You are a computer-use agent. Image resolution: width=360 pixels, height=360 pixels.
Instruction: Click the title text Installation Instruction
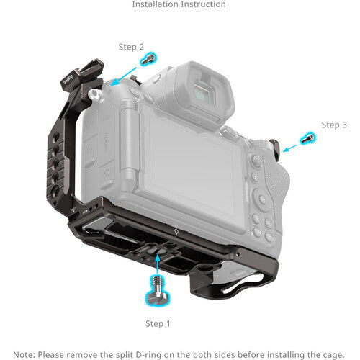click(x=179, y=5)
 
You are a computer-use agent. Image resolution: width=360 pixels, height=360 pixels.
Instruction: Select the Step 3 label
click(x=334, y=125)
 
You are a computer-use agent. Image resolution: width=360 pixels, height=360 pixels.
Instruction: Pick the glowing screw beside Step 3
click(x=308, y=138)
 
